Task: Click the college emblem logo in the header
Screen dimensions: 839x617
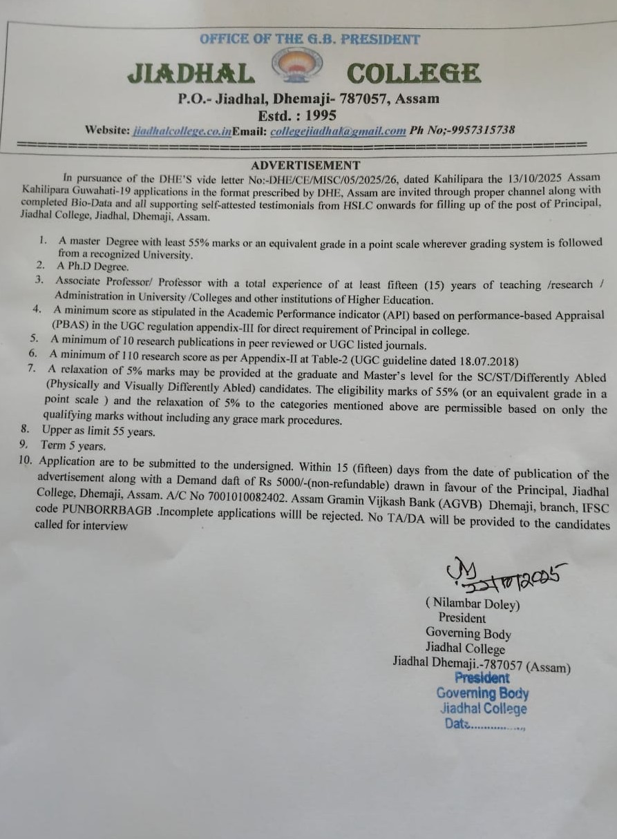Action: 297,66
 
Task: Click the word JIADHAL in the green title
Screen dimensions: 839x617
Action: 191,73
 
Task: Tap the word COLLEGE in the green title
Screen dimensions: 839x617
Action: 413,73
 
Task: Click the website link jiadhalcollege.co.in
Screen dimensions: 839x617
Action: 182,131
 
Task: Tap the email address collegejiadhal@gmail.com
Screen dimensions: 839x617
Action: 338,131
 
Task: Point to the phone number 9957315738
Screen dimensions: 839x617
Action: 474,130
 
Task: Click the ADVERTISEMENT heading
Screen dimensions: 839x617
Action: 305,165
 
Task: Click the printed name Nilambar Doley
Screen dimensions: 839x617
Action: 473,604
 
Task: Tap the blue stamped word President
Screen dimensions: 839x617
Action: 482,678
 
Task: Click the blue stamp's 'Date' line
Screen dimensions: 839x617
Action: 484,724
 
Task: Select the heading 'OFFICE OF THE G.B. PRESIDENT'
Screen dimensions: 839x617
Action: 310,39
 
